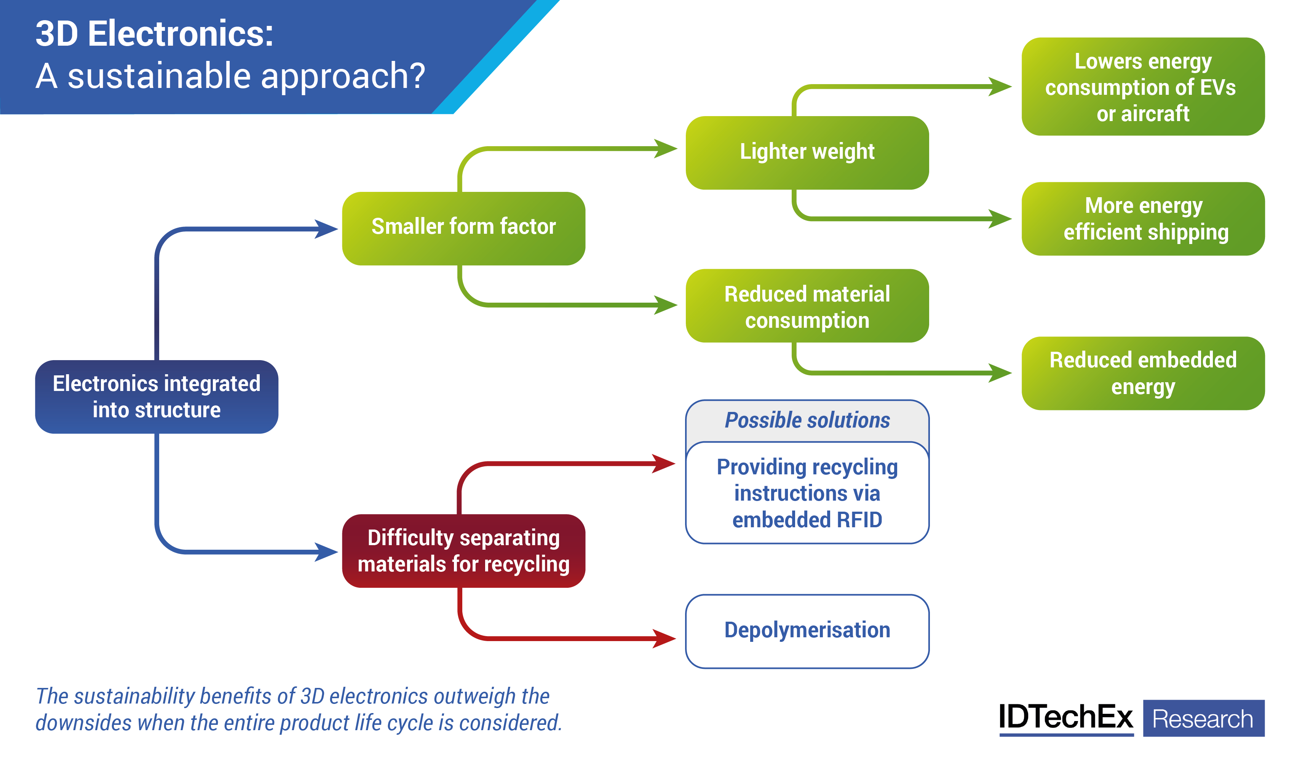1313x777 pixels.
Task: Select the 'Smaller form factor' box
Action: (463, 228)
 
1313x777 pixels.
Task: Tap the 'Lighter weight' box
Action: (807, 152)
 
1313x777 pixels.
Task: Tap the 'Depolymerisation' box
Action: (807, 630)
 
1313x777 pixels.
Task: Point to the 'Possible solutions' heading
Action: (807, 420)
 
